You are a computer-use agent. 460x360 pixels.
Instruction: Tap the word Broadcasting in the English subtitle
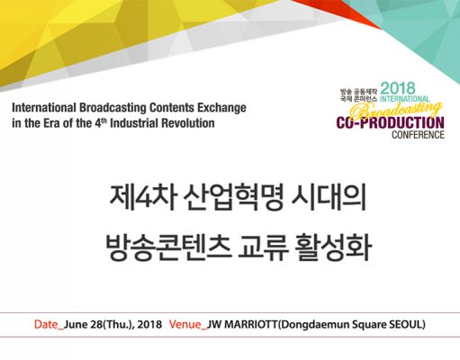(x=113, y=108)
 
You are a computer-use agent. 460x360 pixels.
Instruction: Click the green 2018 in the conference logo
(x=398, y=88)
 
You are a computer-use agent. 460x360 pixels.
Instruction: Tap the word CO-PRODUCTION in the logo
(x=390, y=123)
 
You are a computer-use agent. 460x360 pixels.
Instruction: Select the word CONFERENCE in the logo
(x=418, y=135)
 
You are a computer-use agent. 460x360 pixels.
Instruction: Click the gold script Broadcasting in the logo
(x=396, y=110)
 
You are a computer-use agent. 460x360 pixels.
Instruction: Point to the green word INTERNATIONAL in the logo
(x=405, y=99)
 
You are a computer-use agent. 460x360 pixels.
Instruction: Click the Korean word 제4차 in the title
(x=142, y=199)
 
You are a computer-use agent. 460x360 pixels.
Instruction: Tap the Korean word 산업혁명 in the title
(x=233, y=199)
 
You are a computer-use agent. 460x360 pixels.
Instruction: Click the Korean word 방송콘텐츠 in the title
(x=168, y=248)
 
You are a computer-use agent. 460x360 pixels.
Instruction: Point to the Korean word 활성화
(x=333, y=248)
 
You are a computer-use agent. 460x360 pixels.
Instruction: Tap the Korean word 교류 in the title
(x=263, y=248)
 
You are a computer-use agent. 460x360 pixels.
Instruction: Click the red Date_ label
(x=49, y=325)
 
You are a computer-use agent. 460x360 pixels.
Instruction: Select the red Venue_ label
(x=188, y=325)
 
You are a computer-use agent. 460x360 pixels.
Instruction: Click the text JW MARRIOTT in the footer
(x=243, y=325)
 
